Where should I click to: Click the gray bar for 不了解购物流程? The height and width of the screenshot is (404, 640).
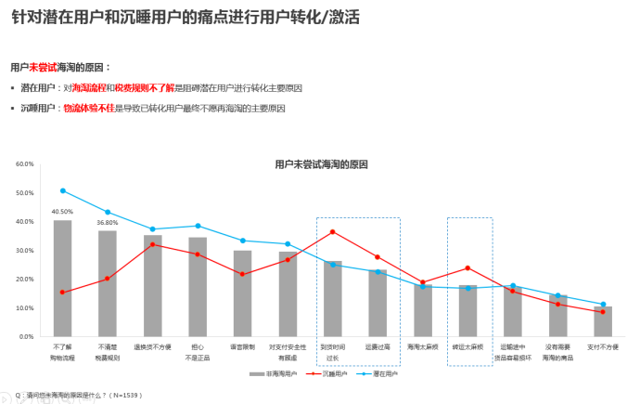(x=63, y=279)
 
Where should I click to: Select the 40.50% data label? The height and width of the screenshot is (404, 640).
(x=63, y=212)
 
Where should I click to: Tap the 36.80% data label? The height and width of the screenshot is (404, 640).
(x=108, y=223)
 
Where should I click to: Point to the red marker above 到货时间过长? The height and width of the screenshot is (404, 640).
(x=333, y=231)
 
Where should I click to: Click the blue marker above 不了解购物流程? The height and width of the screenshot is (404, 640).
(x=63, y=190)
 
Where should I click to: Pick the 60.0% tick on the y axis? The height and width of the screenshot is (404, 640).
(x=24, y=164)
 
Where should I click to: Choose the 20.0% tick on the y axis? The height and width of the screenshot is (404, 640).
(x=24, y=280)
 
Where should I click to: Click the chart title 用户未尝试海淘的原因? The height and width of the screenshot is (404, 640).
(x=321, y=164)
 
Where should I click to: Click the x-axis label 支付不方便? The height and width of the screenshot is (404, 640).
(x=603, y=346)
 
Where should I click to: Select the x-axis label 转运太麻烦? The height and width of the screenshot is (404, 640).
(x=467, y=346)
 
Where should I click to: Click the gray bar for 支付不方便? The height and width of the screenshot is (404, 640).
(x=603, y=321)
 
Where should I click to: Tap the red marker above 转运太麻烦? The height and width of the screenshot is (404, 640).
(x=467, y=268)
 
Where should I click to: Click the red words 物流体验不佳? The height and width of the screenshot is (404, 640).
(x=88, y=108)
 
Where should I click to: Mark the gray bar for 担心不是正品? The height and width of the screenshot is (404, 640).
(x=198, y=287)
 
